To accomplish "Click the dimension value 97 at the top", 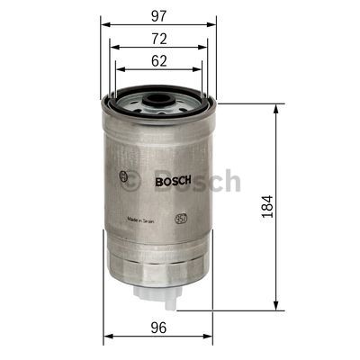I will click(157, 14).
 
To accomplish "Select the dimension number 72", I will click(157, 39).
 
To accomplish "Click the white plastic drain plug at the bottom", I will click(158, 291).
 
